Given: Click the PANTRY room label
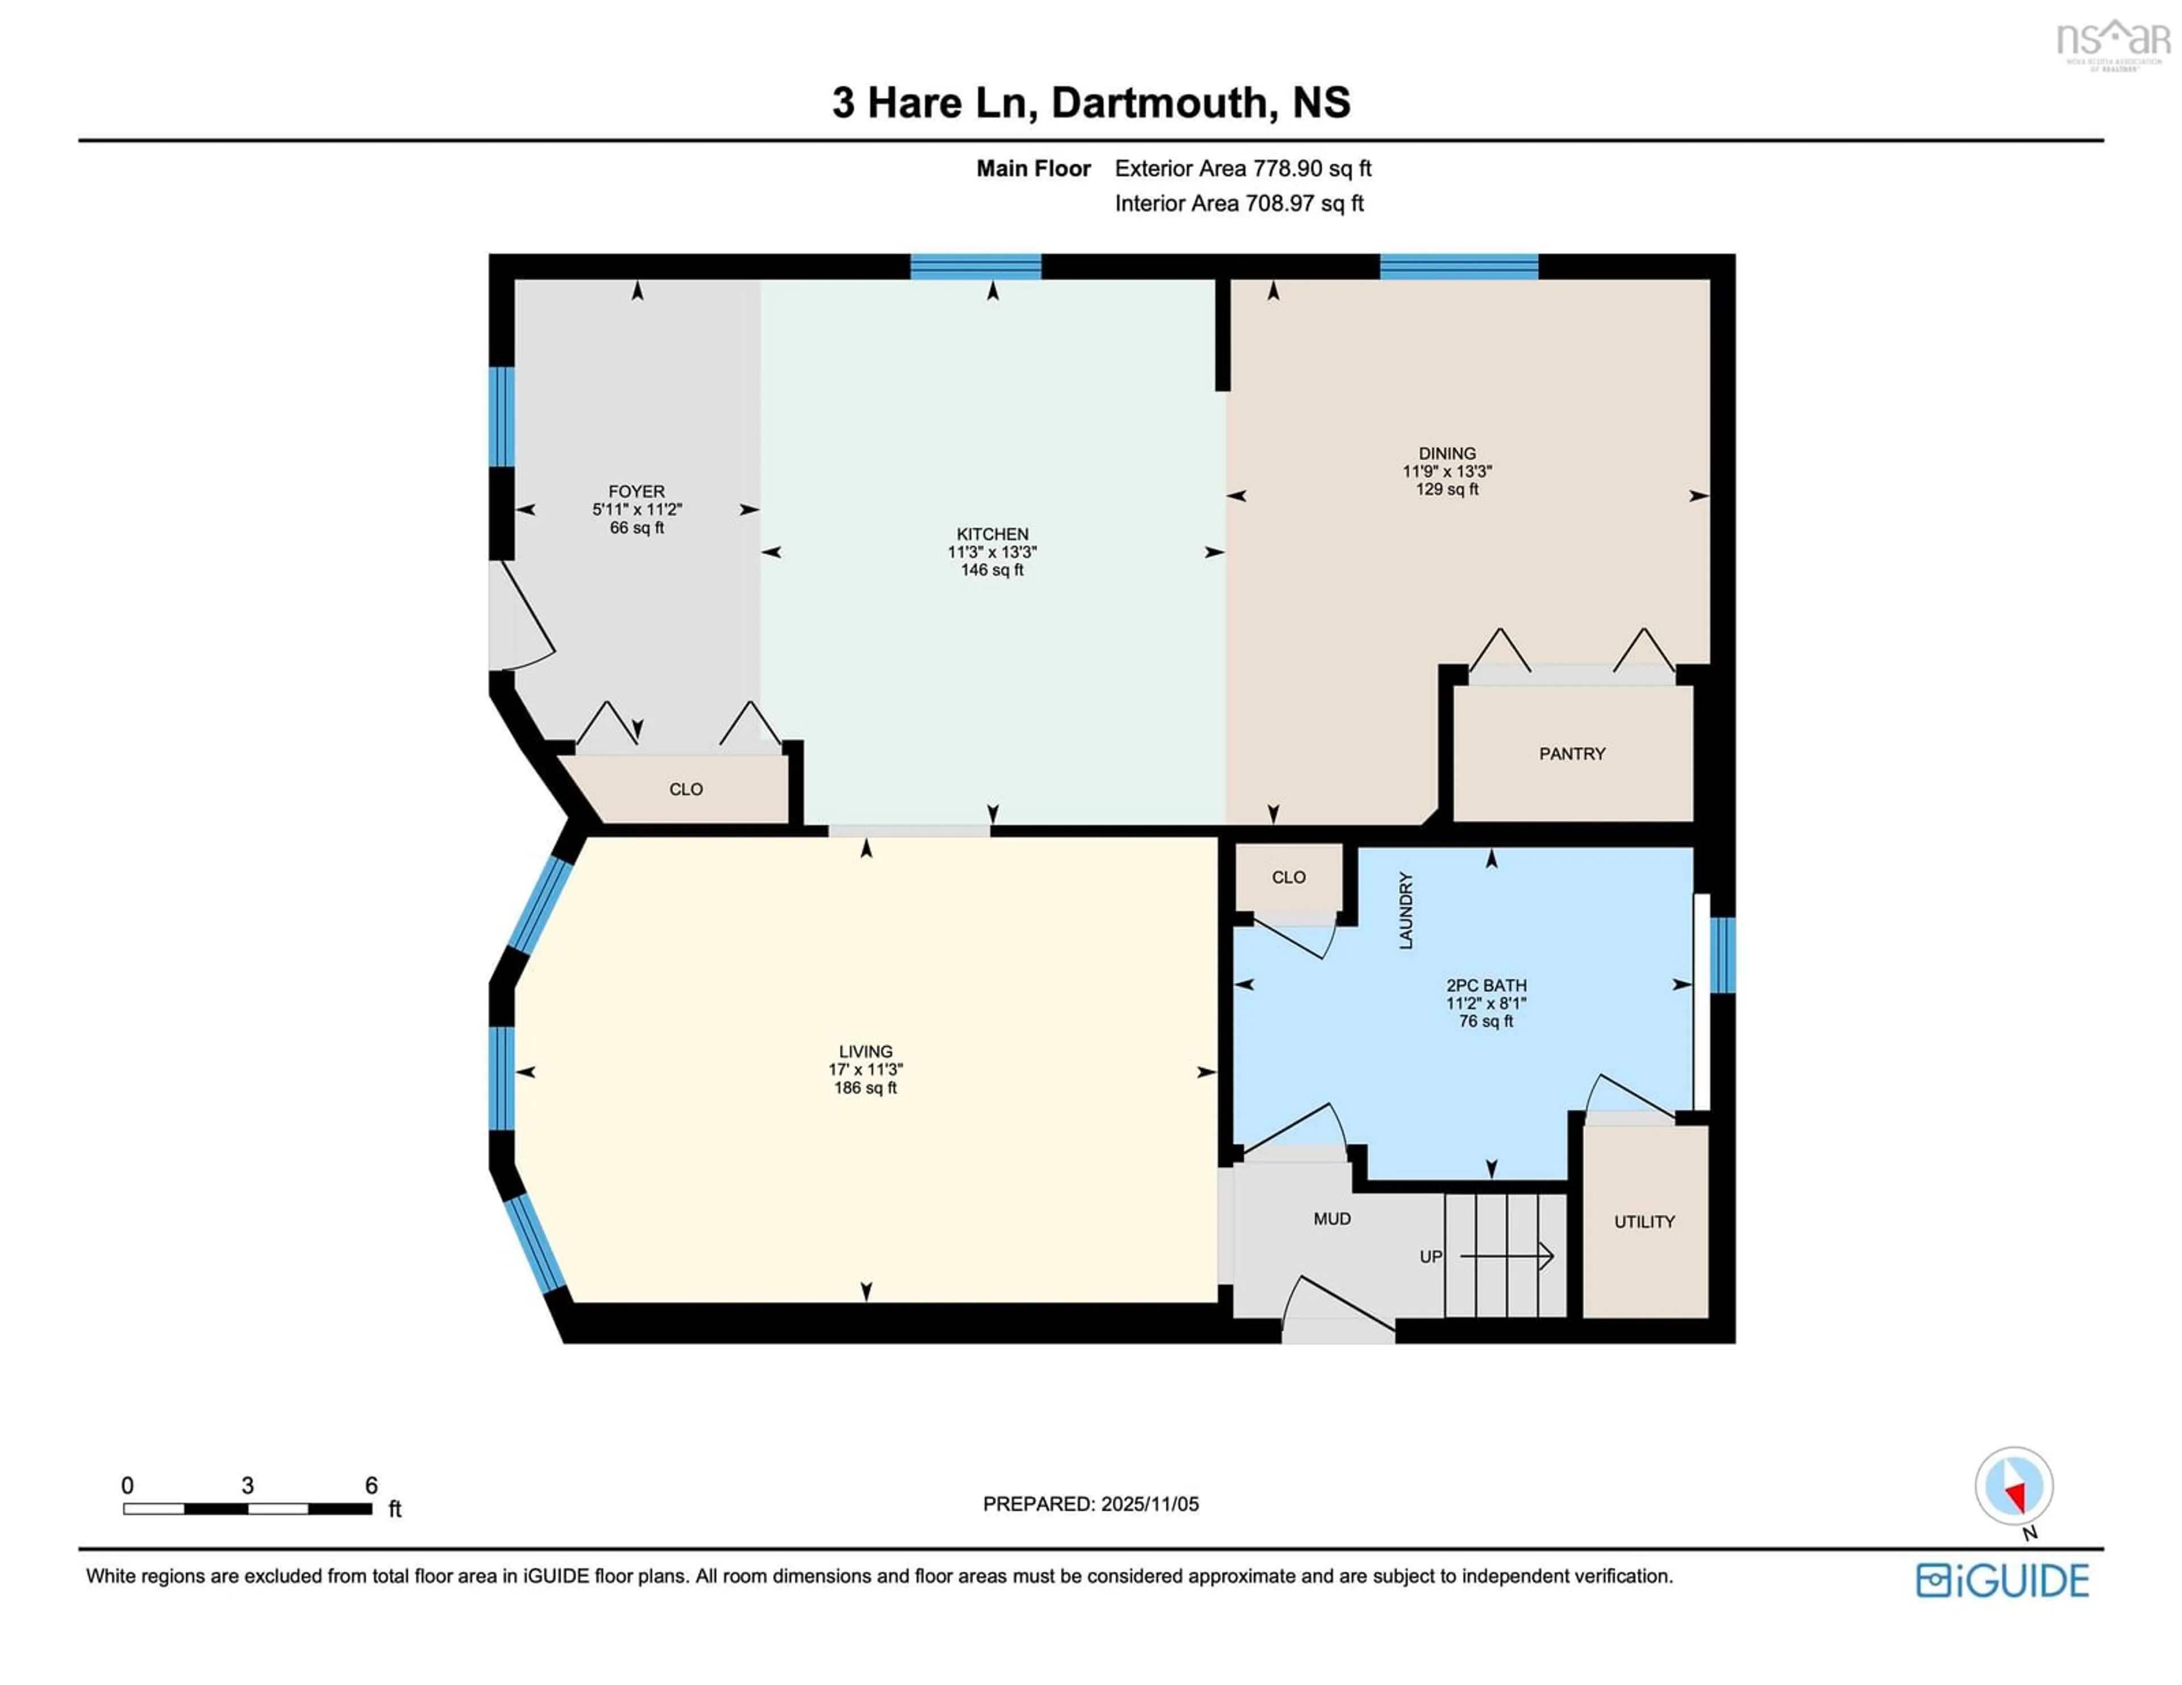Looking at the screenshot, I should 1572,754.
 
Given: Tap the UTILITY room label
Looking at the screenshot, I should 1643,1221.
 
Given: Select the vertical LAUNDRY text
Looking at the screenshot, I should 1406,910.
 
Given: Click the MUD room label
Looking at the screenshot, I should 1332,1219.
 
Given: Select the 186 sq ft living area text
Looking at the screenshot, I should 865,1088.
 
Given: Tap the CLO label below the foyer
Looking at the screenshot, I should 685,789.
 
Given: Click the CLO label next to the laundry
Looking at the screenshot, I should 1288,877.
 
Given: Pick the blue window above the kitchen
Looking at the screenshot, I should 975,266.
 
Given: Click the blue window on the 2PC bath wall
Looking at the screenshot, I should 1722,955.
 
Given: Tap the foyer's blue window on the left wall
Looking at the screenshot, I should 502,416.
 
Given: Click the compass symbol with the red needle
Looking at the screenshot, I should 2013,1486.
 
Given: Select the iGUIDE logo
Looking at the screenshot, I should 2002,1580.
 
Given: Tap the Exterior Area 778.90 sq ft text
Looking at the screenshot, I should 1243,169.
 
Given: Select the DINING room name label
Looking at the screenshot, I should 1447,453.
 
